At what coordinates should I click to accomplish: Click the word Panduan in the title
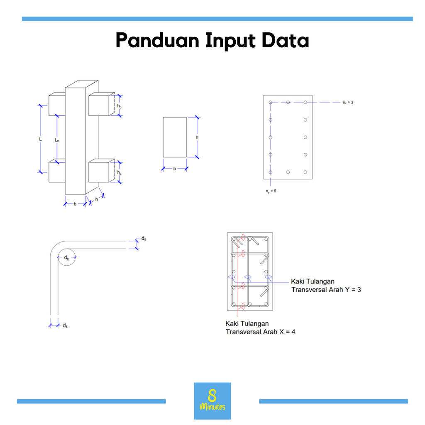[x=157, y=40]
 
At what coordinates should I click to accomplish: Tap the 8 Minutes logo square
[x=212, y=401]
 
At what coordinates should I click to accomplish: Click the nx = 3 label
[x=348, y=103]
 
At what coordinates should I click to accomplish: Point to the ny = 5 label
[x=271, y=191]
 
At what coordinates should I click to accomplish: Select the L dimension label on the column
[x=40, y=139]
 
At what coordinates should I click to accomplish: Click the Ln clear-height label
[x=56, y=140]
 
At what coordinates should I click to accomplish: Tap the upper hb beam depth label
[x=119, y=106]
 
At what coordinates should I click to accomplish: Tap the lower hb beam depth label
[x=119, y=172]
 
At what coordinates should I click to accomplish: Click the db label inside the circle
[x=67, y=258]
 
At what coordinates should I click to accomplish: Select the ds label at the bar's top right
[x=144, y=239]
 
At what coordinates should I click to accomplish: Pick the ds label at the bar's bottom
[x=65, y=325]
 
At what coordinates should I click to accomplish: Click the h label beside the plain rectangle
[x=197, y=137]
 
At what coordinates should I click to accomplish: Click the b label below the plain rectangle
[x=175, y=169]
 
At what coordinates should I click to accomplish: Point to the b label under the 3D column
[x=75, y=204]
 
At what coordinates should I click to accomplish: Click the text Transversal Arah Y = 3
[x=326, y=290]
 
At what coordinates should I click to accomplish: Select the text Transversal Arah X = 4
[x=261, y=332]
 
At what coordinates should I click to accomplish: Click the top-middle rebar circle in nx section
[x=288, y=102]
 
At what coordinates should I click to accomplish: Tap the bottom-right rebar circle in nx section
[x=305, y=172]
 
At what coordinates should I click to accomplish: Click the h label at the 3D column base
[x=96, y=199]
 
